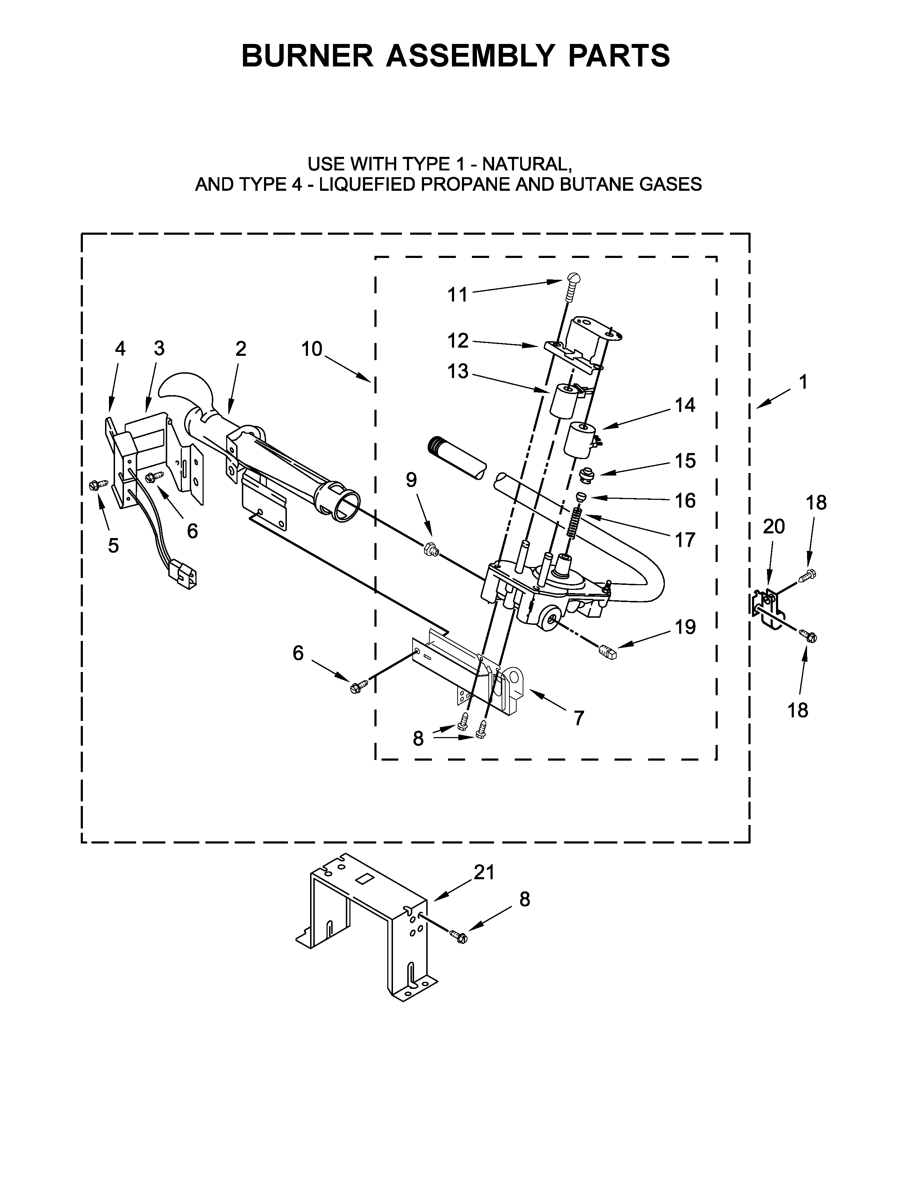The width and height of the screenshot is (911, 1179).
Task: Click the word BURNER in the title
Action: tap(307, 56)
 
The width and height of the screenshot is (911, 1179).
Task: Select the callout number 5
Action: tap(113, 546)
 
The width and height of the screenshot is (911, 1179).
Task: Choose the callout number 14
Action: tap(685, 405)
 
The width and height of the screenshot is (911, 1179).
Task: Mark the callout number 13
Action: tap(458, 372)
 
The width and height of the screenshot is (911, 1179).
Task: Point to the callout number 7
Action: tap(578, 718)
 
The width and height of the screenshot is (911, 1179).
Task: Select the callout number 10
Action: tap(312, 349)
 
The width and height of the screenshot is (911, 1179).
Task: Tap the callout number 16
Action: tap(685, 501)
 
